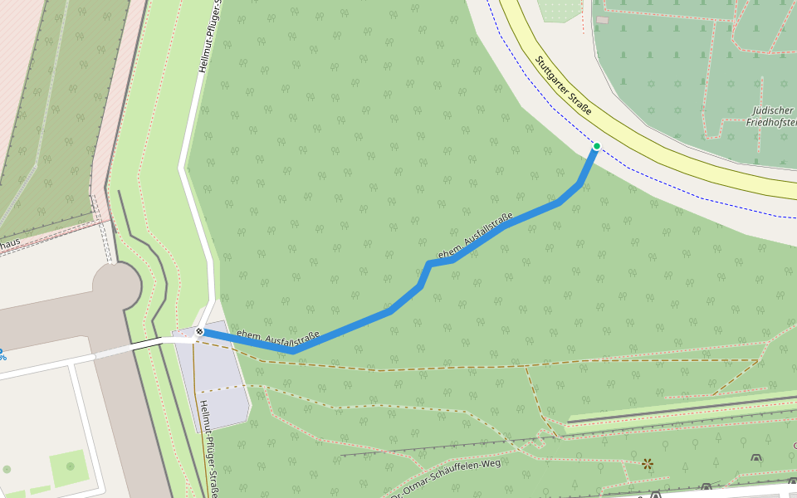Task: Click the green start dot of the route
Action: (596, 147)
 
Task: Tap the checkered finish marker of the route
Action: (199, 332)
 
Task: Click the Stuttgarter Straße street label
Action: (563, 85)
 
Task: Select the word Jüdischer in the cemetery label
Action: (772, 110)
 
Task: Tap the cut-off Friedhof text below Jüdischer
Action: (772, 123)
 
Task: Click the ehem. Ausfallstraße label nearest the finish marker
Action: (278, 337)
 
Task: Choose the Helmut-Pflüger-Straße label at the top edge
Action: (209, 37)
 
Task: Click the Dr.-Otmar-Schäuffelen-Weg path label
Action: (448, 476)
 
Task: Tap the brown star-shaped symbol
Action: (648, 463)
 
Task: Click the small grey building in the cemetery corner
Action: (602, 19)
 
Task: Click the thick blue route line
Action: (349, 329)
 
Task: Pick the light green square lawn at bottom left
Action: (68, 468)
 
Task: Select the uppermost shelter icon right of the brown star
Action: (755, 457)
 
